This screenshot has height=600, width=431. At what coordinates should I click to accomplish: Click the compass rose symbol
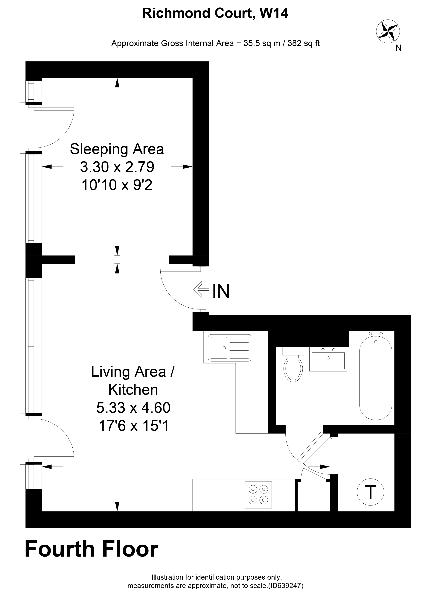coord(388,31)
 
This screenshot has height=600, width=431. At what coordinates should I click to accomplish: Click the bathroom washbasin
coord(328,359)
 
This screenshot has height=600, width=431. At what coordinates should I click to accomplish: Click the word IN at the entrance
coord(221,291)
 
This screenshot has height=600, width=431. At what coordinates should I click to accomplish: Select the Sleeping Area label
coord(117,149)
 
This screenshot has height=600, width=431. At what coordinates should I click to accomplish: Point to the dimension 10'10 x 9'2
coord(117,185)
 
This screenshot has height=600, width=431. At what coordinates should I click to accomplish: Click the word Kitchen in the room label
coord(133,389)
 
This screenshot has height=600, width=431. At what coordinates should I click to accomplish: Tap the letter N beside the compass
coord(398,48)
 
